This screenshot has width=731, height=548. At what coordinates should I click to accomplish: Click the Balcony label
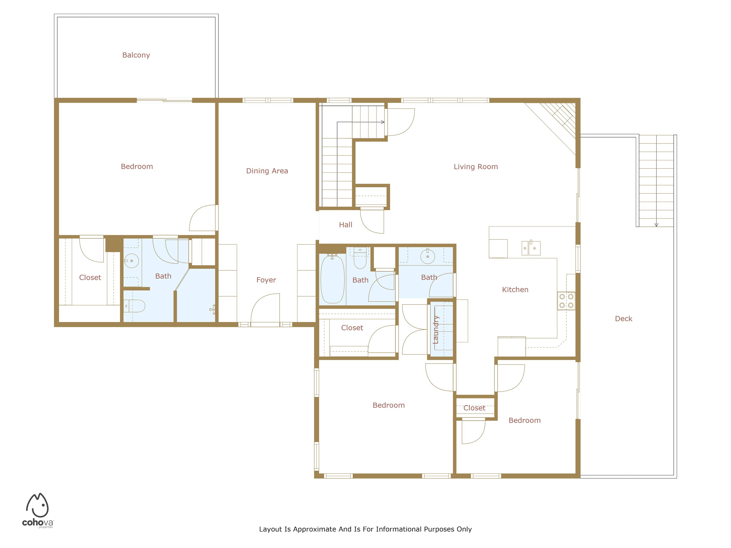point(136,55)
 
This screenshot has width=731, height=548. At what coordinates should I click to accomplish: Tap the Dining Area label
point(267,171)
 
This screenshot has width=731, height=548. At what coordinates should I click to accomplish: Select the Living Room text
point(476,167)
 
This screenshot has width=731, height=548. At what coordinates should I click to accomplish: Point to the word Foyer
point(266,280)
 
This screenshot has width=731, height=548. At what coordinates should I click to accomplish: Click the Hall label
point(346,225)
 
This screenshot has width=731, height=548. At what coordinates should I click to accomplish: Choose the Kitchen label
point(515,290)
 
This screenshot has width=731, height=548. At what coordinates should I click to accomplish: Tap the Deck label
point(624,319)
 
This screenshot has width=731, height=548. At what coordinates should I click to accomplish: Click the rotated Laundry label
point(436,330)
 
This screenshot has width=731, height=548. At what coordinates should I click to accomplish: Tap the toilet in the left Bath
point(134,306)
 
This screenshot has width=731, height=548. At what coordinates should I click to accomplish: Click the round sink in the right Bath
point(428,256)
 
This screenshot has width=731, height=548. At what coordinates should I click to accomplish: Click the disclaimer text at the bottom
point(365,529)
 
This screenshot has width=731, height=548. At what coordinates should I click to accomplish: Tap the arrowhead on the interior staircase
point(383,122)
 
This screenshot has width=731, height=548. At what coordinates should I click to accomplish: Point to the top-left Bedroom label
point(137,167)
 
